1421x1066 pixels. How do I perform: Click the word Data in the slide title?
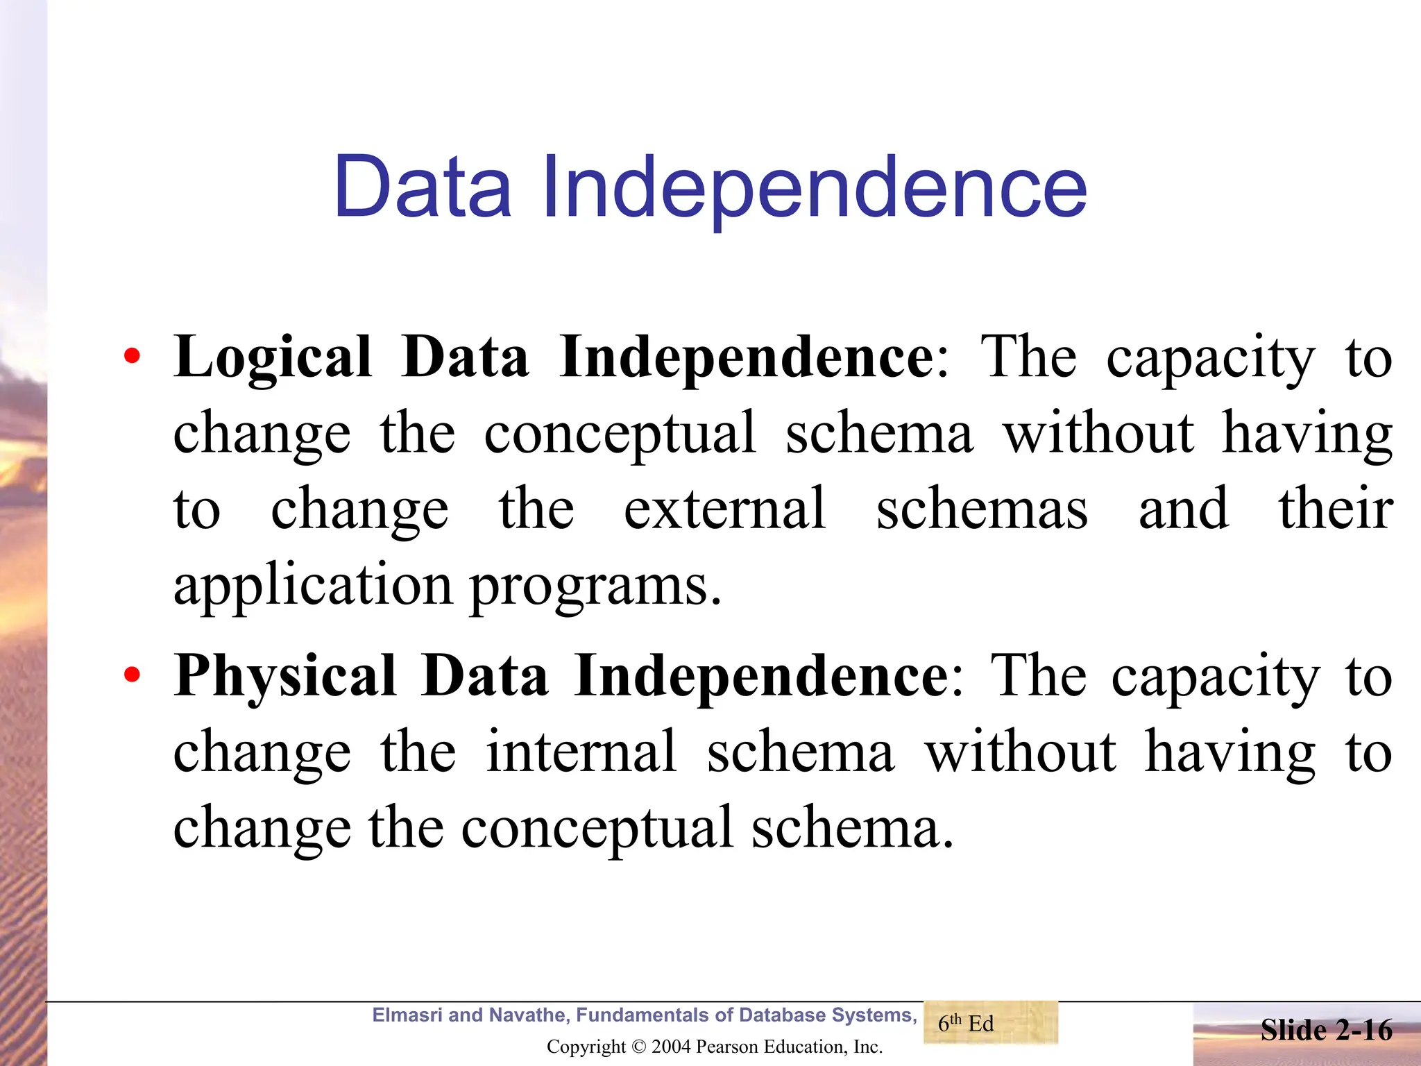423,186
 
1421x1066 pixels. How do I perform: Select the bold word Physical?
284,677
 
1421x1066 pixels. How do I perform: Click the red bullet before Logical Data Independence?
132,357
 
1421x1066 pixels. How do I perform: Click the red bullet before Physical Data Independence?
132,675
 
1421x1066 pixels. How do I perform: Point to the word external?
725,509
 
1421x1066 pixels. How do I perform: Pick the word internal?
581,752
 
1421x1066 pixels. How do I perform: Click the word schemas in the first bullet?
982,509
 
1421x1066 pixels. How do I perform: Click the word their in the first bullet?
1336,509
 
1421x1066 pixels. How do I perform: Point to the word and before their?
1184,509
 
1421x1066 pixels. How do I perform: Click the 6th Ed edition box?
990,1023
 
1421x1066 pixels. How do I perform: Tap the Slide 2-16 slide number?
1326,1030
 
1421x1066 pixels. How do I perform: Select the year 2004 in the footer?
672,1047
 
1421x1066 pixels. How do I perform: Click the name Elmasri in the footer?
407,1015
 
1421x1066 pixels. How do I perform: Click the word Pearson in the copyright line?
726,1047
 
